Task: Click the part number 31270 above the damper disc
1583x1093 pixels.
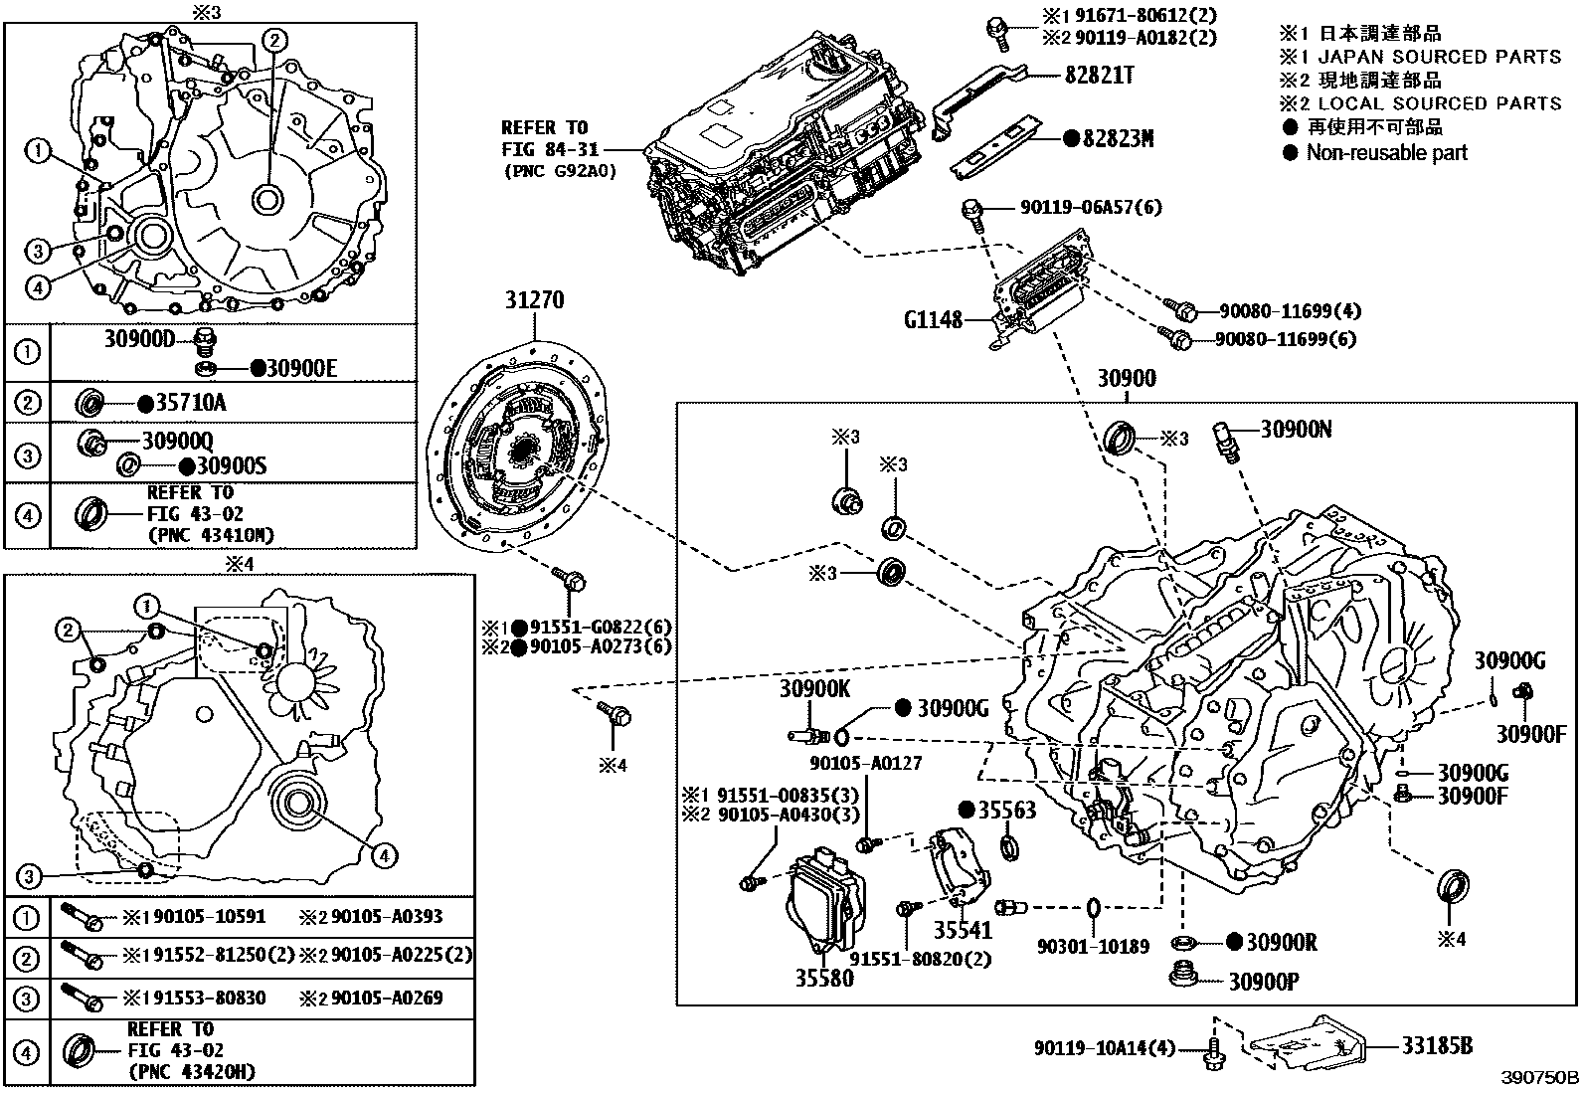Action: [535, 299]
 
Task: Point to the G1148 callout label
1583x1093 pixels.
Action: [934, 319]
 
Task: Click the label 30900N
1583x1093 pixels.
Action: [1297, 429]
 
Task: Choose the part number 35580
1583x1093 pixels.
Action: [823, 979]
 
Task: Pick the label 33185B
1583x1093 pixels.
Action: [1437, 1045]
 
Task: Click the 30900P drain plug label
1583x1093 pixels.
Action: [1264, 981]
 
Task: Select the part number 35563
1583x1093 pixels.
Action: [1007, 811]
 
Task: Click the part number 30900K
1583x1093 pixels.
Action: [814, 687]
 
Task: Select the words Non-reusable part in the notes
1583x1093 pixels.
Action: [1386, 153]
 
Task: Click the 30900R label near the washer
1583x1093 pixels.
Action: [1282, 941]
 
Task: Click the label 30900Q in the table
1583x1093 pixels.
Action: [177, 440]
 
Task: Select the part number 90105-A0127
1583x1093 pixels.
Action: [865, 764]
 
